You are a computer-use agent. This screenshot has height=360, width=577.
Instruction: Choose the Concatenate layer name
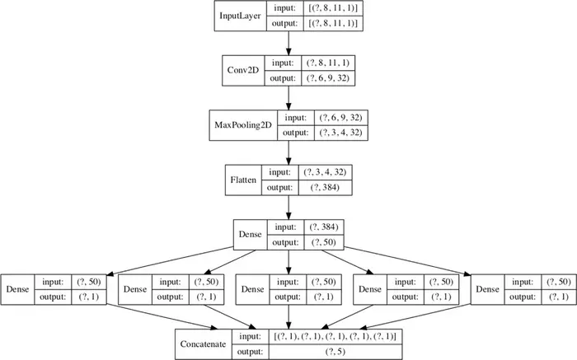(x=204, y=344)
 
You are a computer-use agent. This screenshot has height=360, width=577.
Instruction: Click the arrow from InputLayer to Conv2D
(x=288, y=43)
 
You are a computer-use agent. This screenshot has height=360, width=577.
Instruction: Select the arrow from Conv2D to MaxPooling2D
(x=288, y=97)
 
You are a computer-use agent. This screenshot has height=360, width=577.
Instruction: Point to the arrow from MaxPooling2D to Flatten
(x=288, y=152)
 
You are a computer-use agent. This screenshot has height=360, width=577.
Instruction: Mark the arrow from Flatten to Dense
(x=288, y=206)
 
